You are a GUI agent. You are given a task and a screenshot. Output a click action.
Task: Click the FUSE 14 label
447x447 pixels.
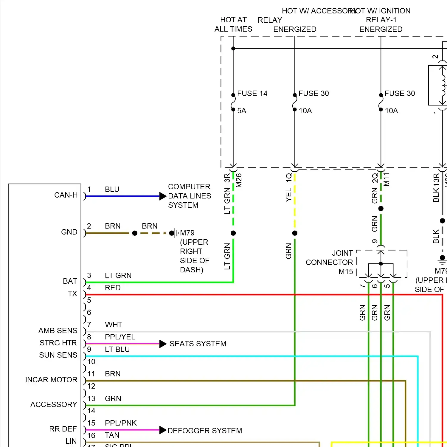pyautogui.click(x=252, y=94)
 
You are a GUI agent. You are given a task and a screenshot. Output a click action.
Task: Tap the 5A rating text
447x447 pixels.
pyautogui.click(x=242, y=111)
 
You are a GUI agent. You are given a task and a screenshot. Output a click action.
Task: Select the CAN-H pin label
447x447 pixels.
pyautogui.click(x=66, y=195)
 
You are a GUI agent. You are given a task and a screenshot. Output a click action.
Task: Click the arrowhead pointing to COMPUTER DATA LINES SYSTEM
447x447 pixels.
pyautogui.click(x=163, y=196)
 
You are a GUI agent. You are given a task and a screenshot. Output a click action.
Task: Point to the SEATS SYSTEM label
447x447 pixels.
pyautogui.click(x=198, y=344)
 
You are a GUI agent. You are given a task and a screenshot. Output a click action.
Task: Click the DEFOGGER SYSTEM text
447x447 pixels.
pyautogui.click(x=205, y=431)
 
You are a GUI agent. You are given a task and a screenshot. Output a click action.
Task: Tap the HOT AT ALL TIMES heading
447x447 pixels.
pyautogui.click(x=233, y=24)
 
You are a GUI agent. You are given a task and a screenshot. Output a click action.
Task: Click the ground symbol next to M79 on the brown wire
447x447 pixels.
pyautogui.click(x=176, y=233)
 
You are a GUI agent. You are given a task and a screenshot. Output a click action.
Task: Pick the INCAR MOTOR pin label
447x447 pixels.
pyautogui.click(x=51, y=380)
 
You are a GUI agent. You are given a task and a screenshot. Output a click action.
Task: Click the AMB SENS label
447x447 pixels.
pyautogui.click(x=58, y=331)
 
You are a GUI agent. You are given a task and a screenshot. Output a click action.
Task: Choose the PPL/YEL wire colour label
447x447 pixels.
pyautogui.click(x=120, y=337)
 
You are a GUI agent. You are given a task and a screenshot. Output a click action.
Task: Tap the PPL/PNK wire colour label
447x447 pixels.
pyautogui.click(x=121, y=423)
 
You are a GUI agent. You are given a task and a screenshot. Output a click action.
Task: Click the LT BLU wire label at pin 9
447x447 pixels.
pyautogui.click(x=117, y=350)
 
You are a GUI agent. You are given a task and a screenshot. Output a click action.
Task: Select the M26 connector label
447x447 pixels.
pyautogui.click(x=239, y=181)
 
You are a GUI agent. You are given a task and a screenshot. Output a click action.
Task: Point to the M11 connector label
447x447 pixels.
pyautogui.click(x=387, y=179)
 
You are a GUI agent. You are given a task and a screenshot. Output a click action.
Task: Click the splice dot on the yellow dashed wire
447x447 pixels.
pyautogui.click(x=295, y=233)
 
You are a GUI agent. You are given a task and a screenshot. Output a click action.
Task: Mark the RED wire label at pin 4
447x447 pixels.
pyautogui.click(x=113, y=288)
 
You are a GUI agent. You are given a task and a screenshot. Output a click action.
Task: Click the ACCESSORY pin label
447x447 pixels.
pyautogui.click(x=54, y=405)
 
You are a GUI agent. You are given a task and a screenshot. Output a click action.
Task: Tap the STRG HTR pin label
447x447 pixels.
pyautogui.click(x=58, y=343)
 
